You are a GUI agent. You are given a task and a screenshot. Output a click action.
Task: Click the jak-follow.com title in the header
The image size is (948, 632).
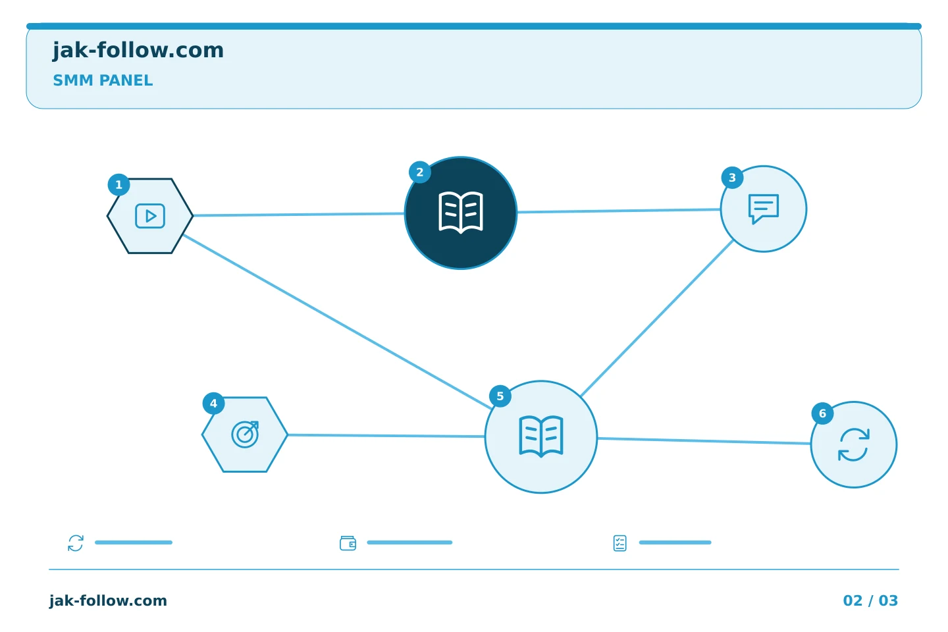click(138, 51)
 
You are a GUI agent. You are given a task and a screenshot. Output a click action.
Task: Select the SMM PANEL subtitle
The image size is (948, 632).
click(103, 80)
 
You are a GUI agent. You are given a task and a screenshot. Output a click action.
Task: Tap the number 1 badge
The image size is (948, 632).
click(119, 184)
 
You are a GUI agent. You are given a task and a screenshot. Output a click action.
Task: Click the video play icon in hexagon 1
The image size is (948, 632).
click(150, 216)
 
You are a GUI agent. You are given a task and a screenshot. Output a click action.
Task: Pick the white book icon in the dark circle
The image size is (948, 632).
click(461, 213)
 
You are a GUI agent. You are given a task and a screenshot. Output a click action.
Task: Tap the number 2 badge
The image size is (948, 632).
click(420, 172)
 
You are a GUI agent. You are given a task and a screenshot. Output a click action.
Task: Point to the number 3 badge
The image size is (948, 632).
click(732, 178)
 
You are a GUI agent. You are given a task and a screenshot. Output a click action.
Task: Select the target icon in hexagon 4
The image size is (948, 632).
click(245, 434)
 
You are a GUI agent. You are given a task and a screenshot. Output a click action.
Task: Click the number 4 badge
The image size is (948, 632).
click(214, 404)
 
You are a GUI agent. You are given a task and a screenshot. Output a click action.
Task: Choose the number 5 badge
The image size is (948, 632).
click(500, 396)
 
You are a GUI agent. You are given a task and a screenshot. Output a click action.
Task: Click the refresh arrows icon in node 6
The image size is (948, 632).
click(854, 444)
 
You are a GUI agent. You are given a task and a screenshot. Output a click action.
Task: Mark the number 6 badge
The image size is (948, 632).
click(822, 413)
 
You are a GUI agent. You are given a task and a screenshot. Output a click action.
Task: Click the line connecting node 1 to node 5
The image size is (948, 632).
click(337, 322)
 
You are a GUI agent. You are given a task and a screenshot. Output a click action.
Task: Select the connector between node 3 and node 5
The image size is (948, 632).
click(657, 319)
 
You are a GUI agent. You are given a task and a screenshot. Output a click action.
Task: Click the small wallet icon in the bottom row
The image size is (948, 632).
click(348, 543)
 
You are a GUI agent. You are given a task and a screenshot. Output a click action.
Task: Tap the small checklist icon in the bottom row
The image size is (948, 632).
click(620, 543)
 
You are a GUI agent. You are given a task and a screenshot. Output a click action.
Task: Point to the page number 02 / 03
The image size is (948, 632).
click(870, 600)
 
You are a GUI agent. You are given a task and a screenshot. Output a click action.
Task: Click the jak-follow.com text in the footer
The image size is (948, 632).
click(109, 601)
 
